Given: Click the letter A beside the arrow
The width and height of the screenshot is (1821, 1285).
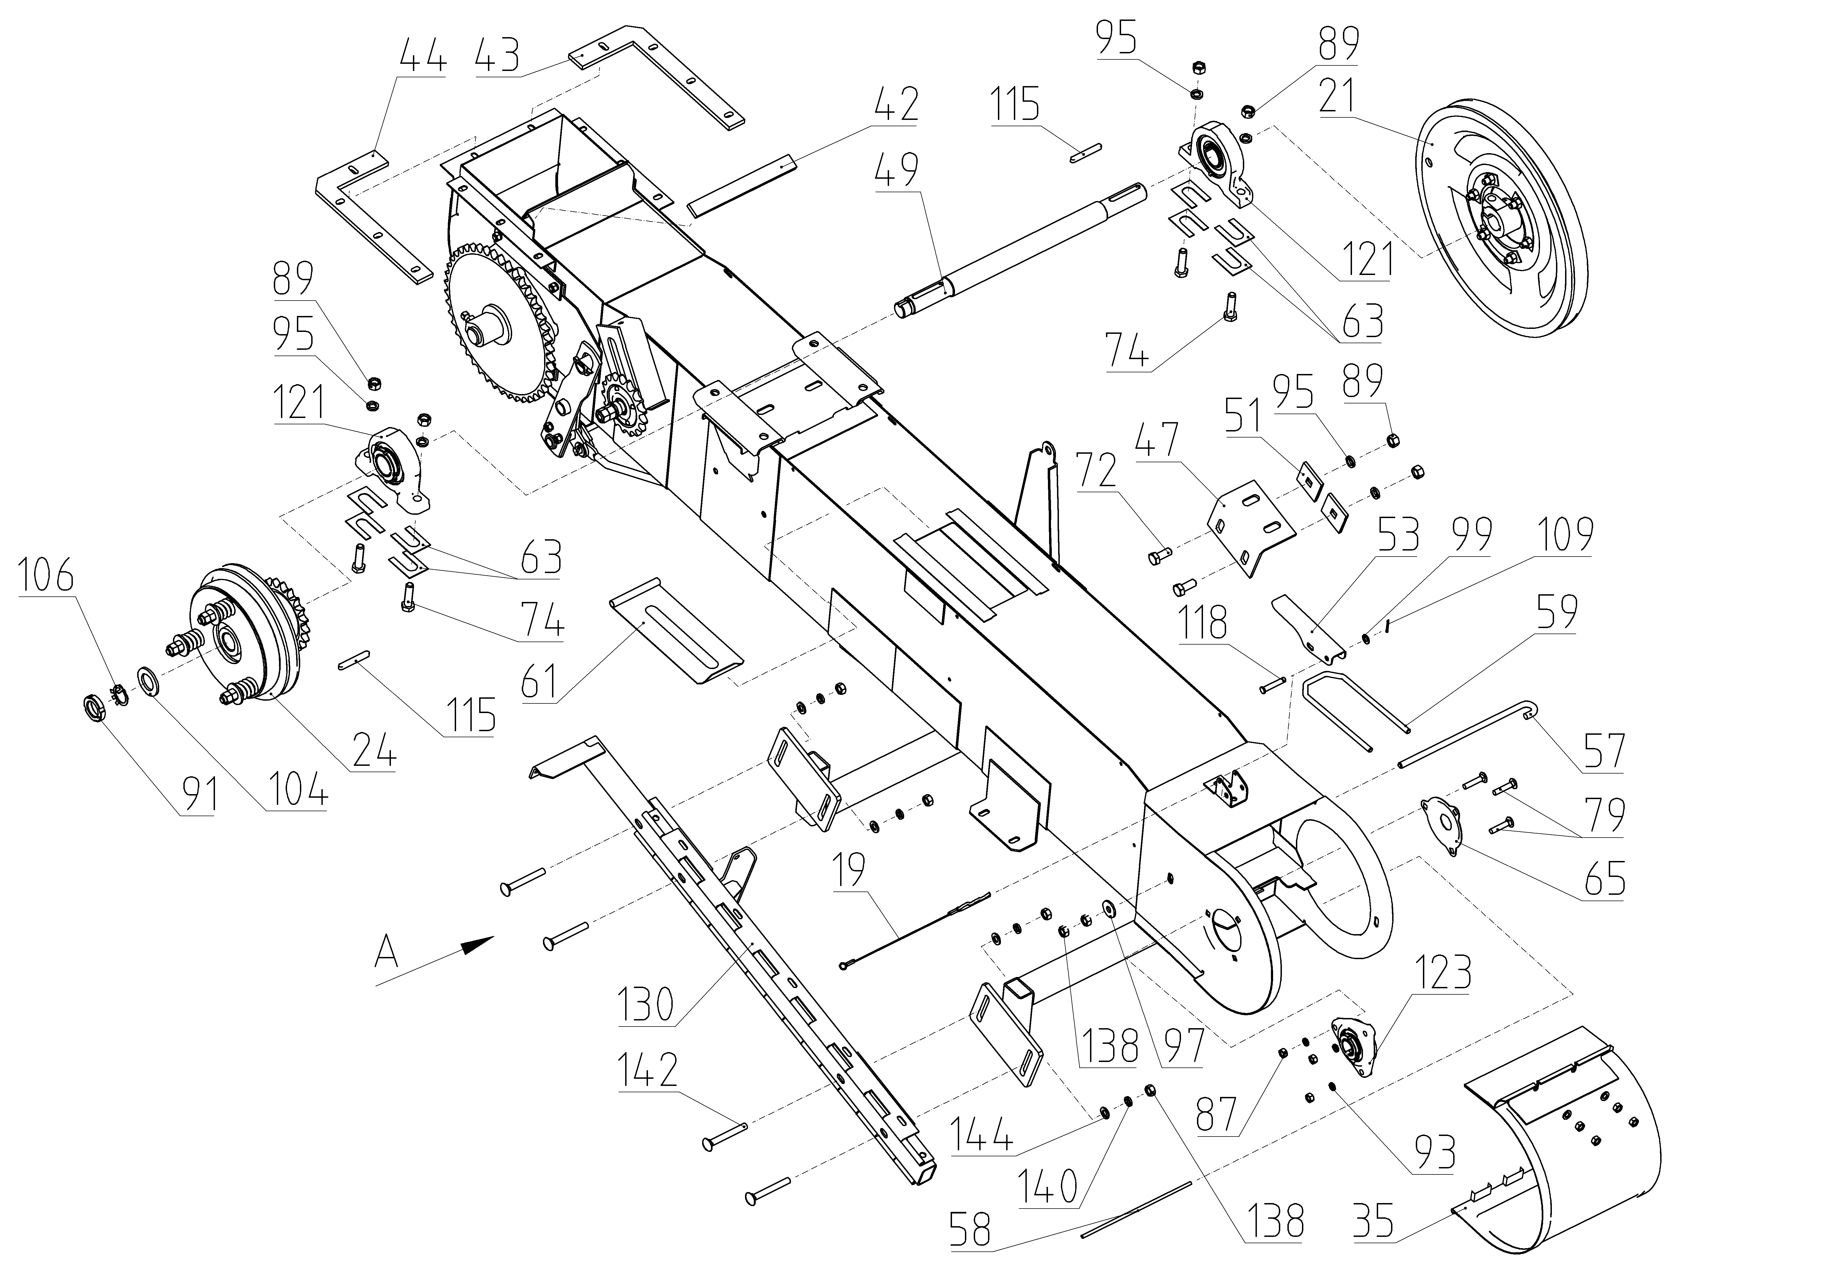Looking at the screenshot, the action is click(x=387, y=951).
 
